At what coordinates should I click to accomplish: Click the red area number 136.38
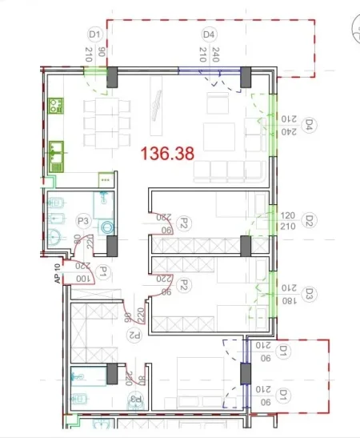click(167, 153)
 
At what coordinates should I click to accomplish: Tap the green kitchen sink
click(55, 151)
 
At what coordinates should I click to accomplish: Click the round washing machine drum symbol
click(108, 227)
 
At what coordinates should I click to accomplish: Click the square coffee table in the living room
click(218, 138)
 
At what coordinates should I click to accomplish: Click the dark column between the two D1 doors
click(246, 376)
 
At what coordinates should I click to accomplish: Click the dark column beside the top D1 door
click(112, 77)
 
